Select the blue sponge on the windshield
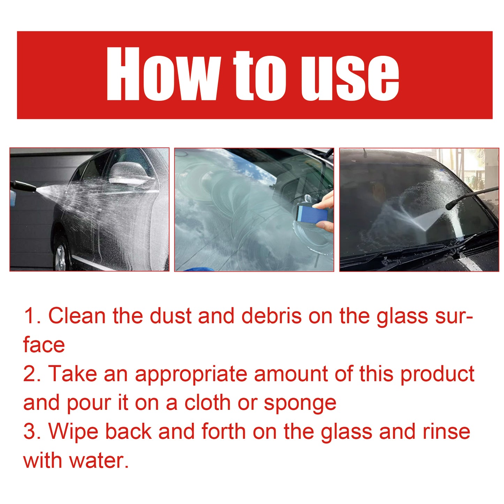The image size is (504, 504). point(311,214)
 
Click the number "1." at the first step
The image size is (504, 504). point(32,316)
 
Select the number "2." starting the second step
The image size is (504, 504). point(32,374)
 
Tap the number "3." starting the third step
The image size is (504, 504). point(32,431)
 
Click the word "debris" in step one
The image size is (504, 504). point(271,316)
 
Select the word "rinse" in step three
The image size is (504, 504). point(446,431)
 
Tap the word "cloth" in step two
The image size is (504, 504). point(208,403)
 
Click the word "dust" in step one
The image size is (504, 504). point(171,316)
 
